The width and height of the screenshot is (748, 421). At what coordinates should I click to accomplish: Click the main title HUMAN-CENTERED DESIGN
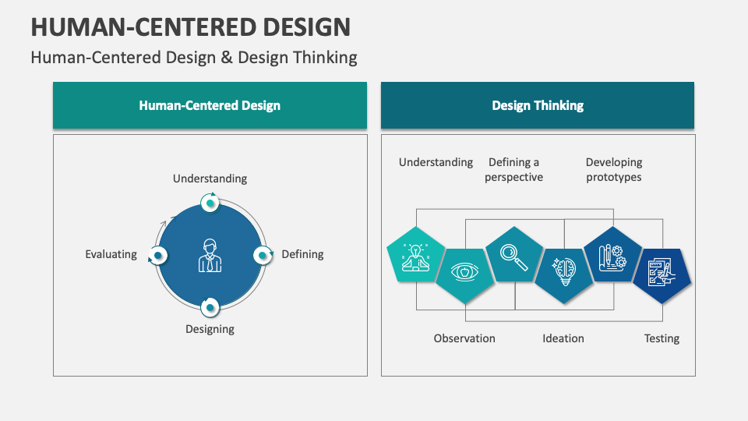pos(190,27)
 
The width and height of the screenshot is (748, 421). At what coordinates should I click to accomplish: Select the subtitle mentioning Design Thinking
pos(193,58)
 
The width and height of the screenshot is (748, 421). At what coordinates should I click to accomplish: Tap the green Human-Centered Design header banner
pos(210,105)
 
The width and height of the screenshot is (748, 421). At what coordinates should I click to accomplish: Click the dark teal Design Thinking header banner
pos(538,105)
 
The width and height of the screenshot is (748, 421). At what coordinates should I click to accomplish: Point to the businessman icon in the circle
pos(210,255)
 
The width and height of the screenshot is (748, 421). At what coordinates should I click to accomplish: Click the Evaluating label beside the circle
pos(111,254)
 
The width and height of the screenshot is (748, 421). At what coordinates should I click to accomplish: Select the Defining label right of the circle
pos(302,254)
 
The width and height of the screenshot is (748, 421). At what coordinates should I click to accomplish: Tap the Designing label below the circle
pos(210,329)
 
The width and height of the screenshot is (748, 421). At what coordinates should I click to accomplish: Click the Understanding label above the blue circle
pos(210,179)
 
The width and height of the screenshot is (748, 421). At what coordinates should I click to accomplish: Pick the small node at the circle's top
pos(210,203)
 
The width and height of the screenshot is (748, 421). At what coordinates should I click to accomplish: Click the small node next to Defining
pos(262,255)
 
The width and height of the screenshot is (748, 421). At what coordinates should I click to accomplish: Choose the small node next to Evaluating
pos(158,255)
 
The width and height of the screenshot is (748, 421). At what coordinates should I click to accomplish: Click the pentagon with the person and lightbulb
pos(415,255)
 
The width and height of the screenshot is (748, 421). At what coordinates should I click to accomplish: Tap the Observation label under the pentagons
pos(464,338)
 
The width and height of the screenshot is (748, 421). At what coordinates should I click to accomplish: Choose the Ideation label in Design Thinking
pos(563,338)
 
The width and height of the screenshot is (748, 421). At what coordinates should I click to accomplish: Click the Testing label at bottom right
pos(662,338)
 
